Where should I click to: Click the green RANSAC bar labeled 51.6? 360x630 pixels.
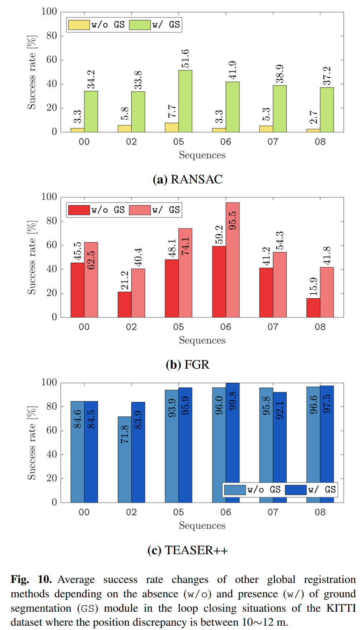[185, 101]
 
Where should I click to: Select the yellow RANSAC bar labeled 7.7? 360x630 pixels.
[172, 127]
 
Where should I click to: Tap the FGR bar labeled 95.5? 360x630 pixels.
[233, 260]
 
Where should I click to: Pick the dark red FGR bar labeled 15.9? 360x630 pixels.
[313, 308]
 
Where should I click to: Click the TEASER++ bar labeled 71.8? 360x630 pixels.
[125, 459]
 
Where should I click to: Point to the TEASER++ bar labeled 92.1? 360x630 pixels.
[280, 447]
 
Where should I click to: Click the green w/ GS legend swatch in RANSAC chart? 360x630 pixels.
[140, 25]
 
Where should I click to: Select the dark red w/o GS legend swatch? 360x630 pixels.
[79, 210]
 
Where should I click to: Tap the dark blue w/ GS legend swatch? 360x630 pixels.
[296, 490]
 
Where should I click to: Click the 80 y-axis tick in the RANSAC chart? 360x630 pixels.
[52, 36]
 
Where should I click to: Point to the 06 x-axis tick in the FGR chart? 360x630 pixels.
[226, 327]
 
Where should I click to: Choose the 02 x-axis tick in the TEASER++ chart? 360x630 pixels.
[131, 512]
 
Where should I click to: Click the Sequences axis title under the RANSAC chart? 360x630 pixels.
[202, 155]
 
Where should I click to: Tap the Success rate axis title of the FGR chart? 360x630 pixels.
[32, 258]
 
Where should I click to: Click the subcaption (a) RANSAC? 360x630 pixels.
[188, 179]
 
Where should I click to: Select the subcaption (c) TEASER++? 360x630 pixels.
[188, 550]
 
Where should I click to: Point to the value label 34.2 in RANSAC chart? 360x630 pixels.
[91, 79]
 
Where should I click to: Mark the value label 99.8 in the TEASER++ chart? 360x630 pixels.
[233, 401]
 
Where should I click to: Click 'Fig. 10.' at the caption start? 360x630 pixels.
[31, 579]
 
